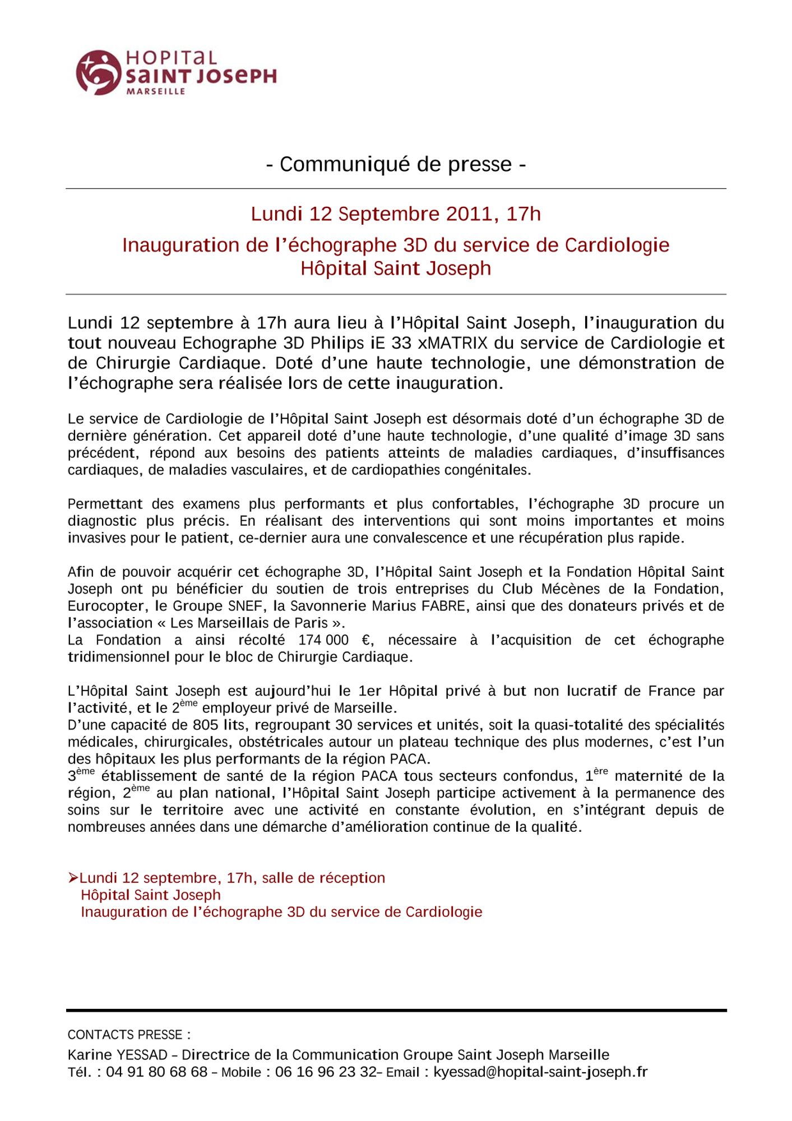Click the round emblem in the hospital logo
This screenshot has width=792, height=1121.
click(x=98, y=72)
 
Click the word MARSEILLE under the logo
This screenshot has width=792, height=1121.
click(x=156, y=91)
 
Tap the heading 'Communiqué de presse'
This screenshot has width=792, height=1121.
click(x=396, y=164)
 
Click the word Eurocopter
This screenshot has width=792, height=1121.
click(x=103, y=606)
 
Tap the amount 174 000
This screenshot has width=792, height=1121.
click(x=323, y=640)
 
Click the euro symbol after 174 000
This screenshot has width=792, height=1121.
click(x=367, y=640)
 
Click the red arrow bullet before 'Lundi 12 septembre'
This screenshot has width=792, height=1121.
click(x=73, y=877)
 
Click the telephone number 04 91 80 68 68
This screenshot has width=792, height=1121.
click(x=157, y=1072)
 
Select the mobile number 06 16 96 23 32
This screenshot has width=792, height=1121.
click(x=326, y=1072)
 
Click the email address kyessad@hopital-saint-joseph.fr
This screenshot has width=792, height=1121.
click(x=540, y=1072)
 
